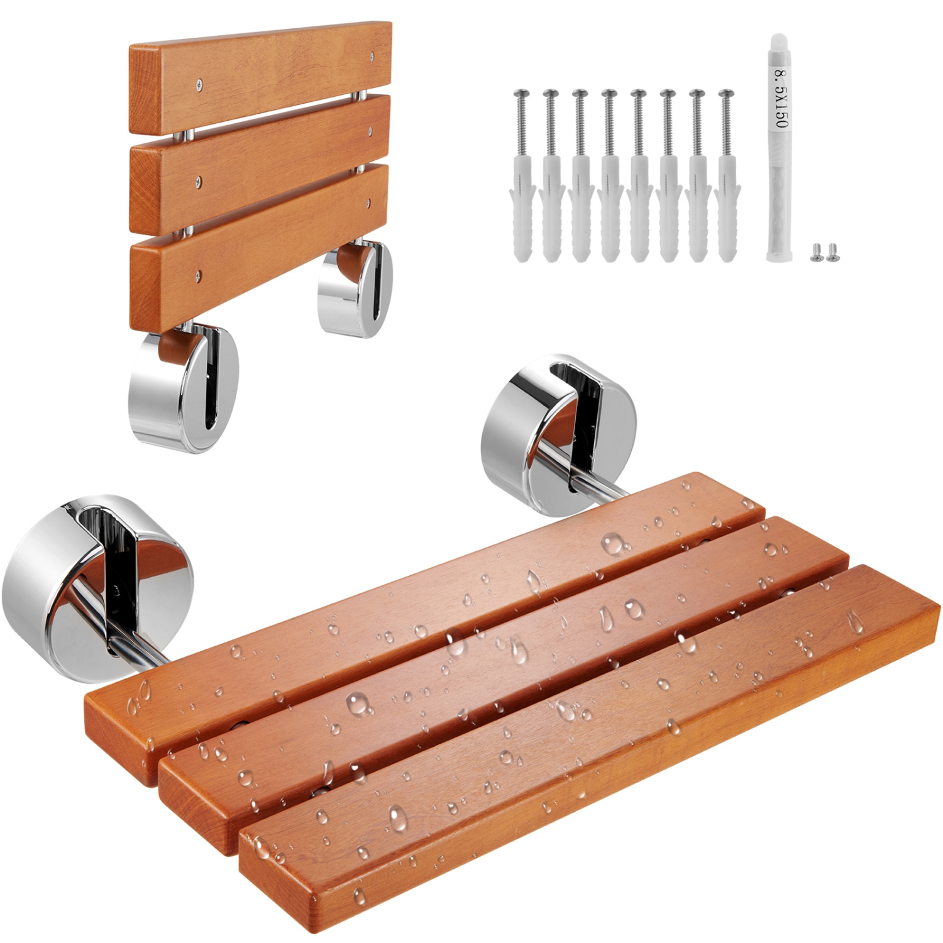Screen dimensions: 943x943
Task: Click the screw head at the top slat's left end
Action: coord(200,82)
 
